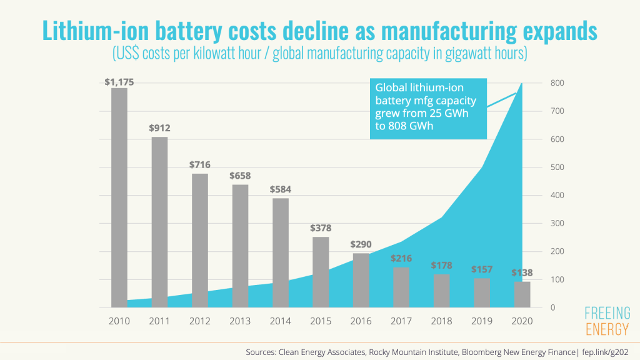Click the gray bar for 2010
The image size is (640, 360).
coord(119,197)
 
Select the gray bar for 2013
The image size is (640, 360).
coord(240,246)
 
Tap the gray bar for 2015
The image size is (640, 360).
coord(321,272)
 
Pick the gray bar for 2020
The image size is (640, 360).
coord(522,294)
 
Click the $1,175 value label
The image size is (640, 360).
coord(119,82)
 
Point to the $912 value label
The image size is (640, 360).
coord(159,128)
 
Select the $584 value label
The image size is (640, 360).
coord(281,189)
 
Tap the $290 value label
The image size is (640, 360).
coord(361,244)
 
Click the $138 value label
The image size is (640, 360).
coord(522,272)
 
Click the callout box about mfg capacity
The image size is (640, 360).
coord(427,107)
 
